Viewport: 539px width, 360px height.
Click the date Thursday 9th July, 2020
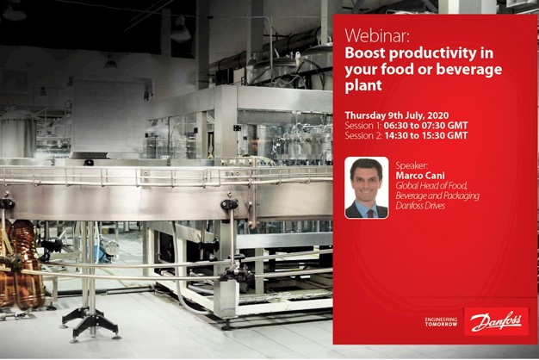pos(396,115)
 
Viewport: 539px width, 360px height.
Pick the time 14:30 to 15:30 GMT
pos(424,136)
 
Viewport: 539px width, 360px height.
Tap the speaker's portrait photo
pos(367,188)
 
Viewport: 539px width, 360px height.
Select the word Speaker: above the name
pos(412,164)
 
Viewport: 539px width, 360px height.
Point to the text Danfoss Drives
pos(420,207)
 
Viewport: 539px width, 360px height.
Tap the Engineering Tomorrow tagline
pos(441,322)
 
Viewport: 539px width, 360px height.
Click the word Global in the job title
pos(408,185)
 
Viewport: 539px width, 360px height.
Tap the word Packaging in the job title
pos(459,196)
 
